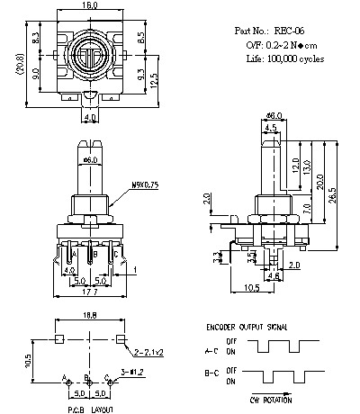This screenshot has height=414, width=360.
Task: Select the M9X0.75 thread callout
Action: (143, 184)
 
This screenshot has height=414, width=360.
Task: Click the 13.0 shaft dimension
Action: (306, 168)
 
